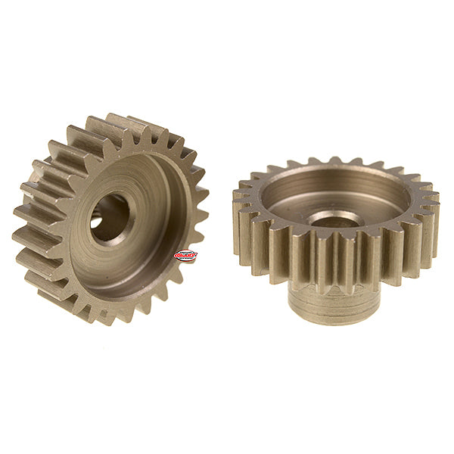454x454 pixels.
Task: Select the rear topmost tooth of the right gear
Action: [x=334, y=160]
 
